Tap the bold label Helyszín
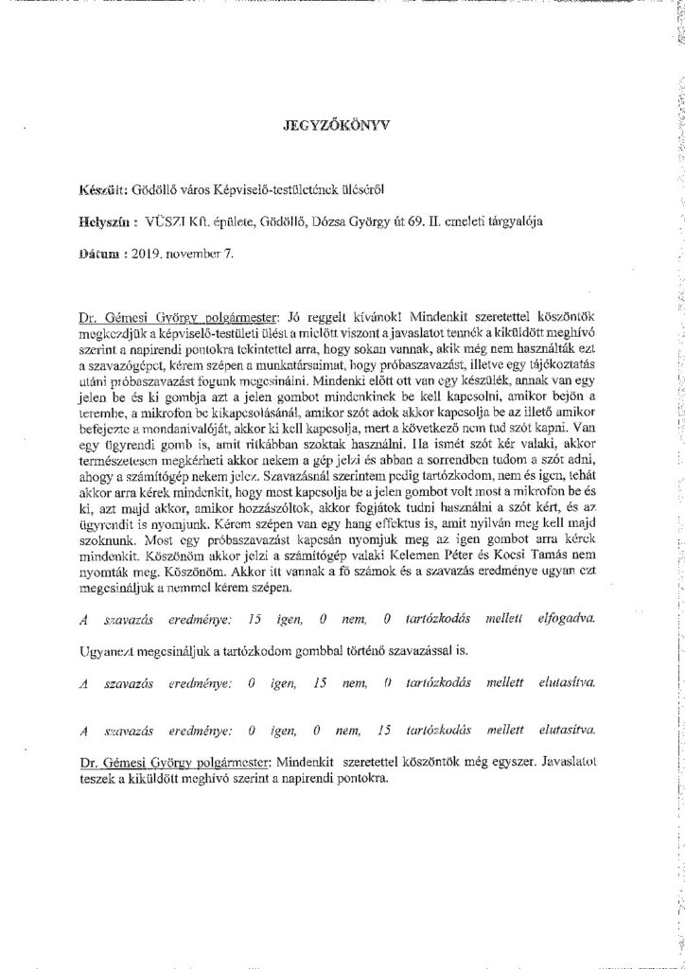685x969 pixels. pos(111,221)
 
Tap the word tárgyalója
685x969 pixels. pos(550,221)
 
